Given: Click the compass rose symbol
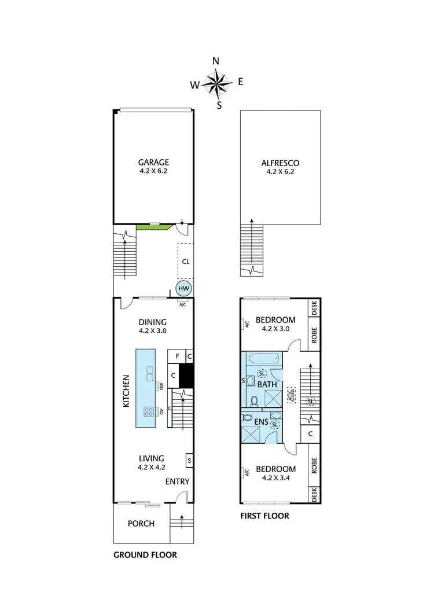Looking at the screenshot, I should [217, 83].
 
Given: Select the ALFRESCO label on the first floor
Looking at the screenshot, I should [280, 163].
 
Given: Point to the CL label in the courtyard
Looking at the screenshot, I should [185, 262].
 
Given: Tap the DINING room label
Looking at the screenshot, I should [153, 322].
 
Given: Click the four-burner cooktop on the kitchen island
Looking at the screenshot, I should [149, 413].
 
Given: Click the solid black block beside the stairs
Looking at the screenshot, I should [186, 376].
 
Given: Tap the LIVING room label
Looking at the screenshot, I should [152, 458].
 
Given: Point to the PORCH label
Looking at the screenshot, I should [141, 524].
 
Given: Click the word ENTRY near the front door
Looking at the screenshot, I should [177, 481].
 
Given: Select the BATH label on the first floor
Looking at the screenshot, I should [267, 384].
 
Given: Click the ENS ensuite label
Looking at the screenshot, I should [260, 422].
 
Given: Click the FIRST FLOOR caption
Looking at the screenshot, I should [264, 516].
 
